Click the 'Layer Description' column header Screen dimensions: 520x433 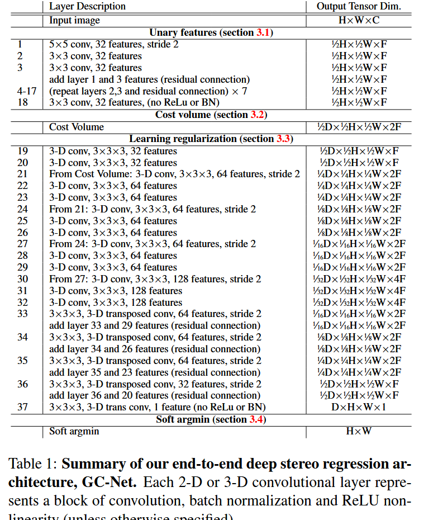(x=87, y=7)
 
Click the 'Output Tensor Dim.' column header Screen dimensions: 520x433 (x=359, y=7)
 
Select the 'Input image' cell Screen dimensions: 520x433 (x=74, y=20)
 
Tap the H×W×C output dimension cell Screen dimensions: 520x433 (x=359, y=20)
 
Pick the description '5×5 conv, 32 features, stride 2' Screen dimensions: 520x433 (x=114, y=44)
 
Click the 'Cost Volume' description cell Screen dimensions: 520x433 (x=77, y=127)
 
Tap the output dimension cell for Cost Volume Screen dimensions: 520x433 (x=359, y=127)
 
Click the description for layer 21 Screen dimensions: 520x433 (x=174, y=174)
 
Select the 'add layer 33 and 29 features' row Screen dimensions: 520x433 (x=155, y=325)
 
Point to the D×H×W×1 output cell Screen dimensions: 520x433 (x=359, y=407)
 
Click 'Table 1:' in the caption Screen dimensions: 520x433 (x=33, y=465)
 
